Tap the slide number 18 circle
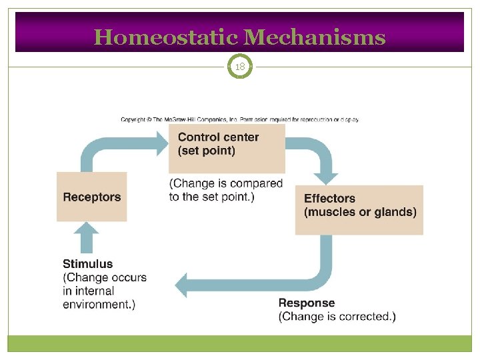coord(240,67)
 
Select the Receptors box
coord(91,197)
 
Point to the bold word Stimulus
coord(88,263)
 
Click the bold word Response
coord(307,303)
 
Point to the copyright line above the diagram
coord(240,119)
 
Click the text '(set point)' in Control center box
coord(207,151)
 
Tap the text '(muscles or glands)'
coord(360,212)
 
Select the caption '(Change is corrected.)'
coord(337,317)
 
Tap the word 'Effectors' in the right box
coord(329,198)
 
